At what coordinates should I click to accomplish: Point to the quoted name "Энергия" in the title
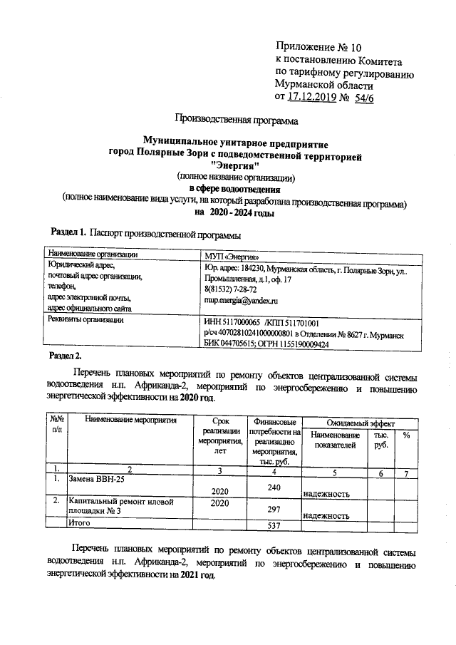click(x=235, y=165)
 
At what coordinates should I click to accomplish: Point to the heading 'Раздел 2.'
click(x=66, y=355)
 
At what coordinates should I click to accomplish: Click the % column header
click(x=405, y=436)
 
